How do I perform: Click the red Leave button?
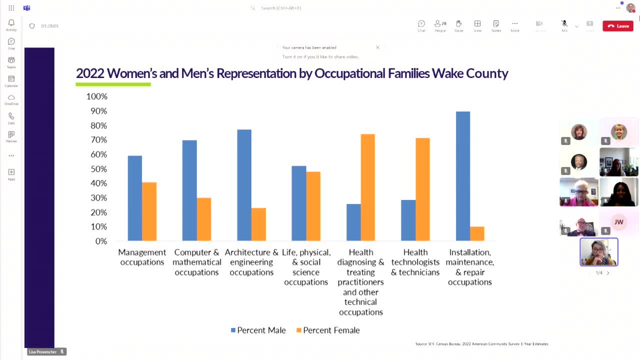point(618,26)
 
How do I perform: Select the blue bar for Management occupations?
point(135,198)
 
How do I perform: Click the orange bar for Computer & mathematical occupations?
point(203,219)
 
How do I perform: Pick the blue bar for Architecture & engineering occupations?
point(244,185)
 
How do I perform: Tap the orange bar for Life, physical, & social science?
point(313,206)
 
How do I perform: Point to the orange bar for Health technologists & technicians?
point(422,189)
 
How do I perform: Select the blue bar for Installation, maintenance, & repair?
point(463,176)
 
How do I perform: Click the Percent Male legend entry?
point(258,330)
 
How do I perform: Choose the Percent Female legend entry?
point(328,330)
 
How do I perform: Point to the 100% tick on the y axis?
point(97,96)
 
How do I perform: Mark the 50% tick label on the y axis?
point(98,169)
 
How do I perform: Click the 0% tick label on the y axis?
point(101,241)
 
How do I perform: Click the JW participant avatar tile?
point(619,222)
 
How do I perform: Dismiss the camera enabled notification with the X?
point(377,47)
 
